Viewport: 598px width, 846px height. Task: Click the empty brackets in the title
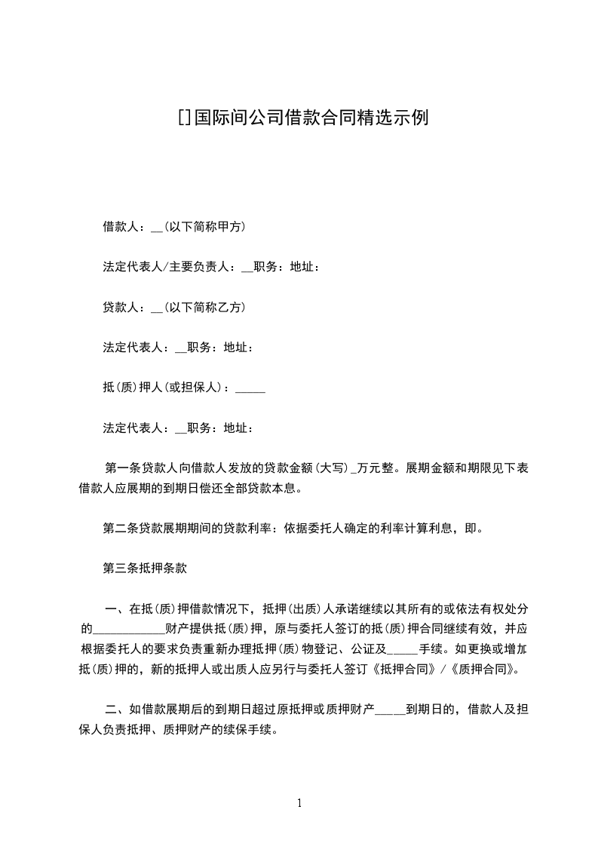click(x=184, y=118)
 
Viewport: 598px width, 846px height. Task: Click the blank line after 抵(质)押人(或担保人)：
click(x=250, y=389)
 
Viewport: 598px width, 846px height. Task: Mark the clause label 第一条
click(x=121, y=467)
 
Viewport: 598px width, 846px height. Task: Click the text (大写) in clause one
click(x=330, y=467)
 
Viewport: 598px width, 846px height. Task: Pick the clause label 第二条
click(x=121, y=529)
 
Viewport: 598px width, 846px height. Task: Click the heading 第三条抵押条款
click(x=145, y=569)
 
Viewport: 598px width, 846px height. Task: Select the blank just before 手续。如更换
click(x=402, y=648)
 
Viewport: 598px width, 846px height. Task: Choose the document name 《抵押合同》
click(x=407, y=668)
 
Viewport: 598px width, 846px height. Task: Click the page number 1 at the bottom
click(x=299, y=803)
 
